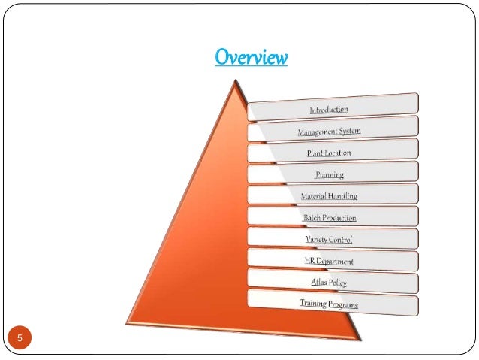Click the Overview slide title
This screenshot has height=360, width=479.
(x=251, y=57)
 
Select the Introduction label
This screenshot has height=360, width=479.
(x=329, y=110)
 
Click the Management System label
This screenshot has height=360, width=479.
(x=329, y=132)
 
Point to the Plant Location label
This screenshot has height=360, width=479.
(x=329, y=153)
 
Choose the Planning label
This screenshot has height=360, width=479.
(x=329, y=174)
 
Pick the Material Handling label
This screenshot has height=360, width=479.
(x=329, y=196)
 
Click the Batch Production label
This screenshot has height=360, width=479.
(x=329, y=218)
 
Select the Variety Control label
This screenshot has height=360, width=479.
(x=329, y=240)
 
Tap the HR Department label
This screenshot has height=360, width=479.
(x=329, y=262)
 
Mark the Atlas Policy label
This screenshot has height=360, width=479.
(x=329, y=283)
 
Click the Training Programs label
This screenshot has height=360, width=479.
(x=329, y=304)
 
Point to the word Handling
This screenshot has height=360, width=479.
(x=341, y=196)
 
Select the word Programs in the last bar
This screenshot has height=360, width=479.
(x=342, y=305)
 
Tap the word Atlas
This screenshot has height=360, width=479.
(x=319, y=283)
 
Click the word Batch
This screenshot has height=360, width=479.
(x=312, y=218)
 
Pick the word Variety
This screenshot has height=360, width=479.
(x=315, y=240)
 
